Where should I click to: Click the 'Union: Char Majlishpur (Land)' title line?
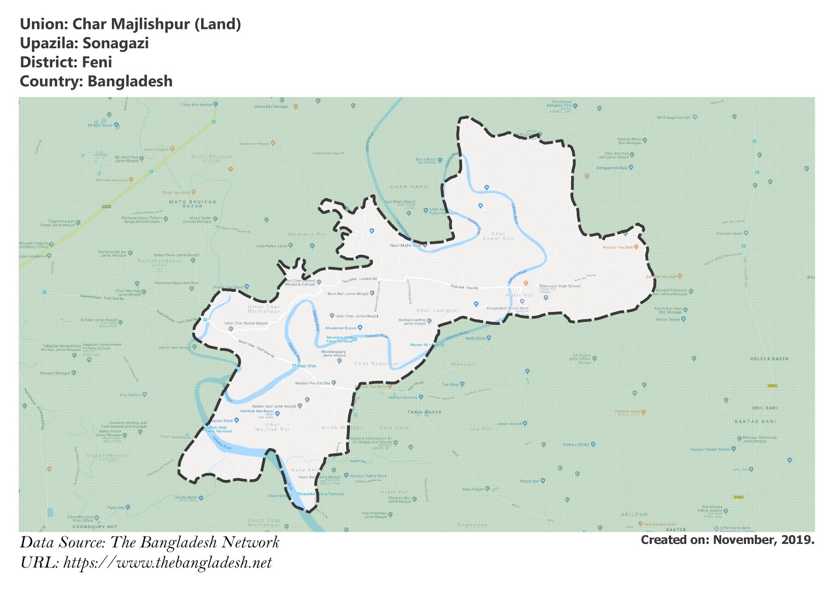pos(130,24)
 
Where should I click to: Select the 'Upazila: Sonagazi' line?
pos(84,43)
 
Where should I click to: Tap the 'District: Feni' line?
pos(66,62)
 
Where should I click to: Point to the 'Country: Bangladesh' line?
pos(96,82)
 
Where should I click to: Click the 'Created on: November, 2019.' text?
pos(727,540)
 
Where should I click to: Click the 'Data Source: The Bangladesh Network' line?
pos(150,543)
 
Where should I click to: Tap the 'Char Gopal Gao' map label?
pos(498,236)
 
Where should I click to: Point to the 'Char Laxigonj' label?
pos(437,310)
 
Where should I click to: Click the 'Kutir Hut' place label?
pos(520,295)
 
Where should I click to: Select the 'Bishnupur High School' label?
pos(560,286)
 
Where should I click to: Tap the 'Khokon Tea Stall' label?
pos(618,247)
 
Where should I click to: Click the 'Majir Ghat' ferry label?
pos(306,366)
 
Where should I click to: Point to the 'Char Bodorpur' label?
pos(376,364)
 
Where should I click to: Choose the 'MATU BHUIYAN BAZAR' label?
pos(192,204)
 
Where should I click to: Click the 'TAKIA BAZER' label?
pos(424,412)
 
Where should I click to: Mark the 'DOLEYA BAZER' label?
pos(769,359)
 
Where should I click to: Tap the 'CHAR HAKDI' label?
pos(410,186)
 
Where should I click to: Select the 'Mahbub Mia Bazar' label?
pos(257,411)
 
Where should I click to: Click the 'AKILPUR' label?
pos(634,515)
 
